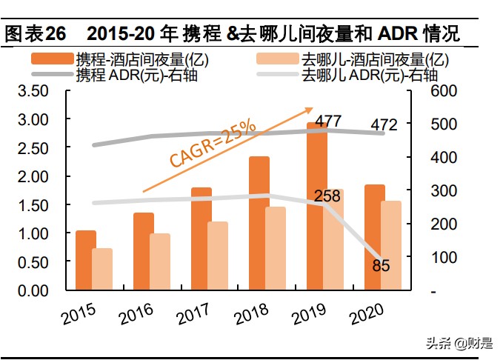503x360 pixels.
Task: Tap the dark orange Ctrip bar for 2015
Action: (86, 261)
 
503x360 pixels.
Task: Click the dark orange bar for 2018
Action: (259, 224)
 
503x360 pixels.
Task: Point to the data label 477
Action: (327, 121)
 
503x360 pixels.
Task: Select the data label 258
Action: (326, 196)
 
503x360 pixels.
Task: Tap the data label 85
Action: (382, 264)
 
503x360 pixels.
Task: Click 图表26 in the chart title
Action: (36, 34)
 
